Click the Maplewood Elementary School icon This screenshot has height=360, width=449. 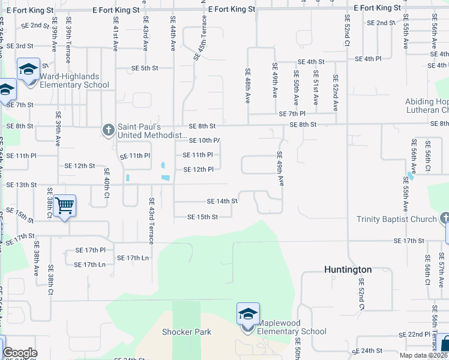pyautogui.click(x=248, y=315)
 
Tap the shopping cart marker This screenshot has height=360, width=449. pyautogui.click(x=64, y=206)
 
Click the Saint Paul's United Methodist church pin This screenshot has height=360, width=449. pyautogui.click(x=108, y=130)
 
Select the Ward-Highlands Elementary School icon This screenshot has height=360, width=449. pyautogui.click(x=28, y=70)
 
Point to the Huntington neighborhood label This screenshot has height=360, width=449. pyautogui.click(x=348, y=270)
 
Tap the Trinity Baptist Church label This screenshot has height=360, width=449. pyautogui.click(x=396, y=219)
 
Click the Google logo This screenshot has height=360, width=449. pyautogui.click(x=20, y=353)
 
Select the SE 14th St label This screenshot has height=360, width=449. pyautogui.click(x=222, y=202)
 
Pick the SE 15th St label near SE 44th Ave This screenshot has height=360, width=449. pyautogui.click(x=202, y=217)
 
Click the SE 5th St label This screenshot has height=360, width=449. pyautogui.click(x=145, y=68)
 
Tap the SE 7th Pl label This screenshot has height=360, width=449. pyautogui.click(x=292, y=114)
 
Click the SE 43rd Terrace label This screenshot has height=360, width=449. pyautogui.click(x=151, y=221)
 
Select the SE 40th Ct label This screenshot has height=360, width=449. pyautogui.click(x=106, y=187)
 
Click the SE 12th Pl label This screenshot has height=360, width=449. pyautogui.click(x=198, y=170)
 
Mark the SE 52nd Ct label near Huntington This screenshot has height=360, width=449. pyautogui.click(x=361, y=294)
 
